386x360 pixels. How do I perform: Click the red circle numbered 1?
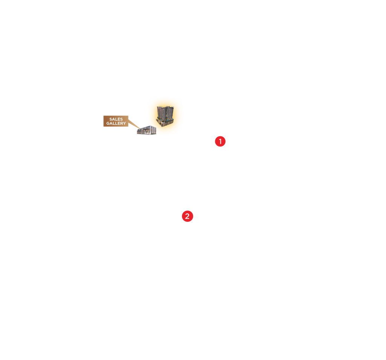click(x=220, y=142)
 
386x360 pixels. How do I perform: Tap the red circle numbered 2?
click(x=187, y=216)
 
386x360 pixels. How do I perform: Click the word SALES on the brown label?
click(x=116, y=119)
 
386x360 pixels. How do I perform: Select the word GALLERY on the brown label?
click(x=116, y=124)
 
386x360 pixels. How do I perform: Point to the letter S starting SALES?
click(x=111, y=119)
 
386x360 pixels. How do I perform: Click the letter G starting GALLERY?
click(x=108, y=124)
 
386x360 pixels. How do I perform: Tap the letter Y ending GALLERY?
click(x=124, y=124)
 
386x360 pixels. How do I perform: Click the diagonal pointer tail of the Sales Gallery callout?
click(x=134, y=124)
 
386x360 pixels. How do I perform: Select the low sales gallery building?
click(x=147, y=130)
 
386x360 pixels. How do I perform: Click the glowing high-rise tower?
click(x=165, y=116)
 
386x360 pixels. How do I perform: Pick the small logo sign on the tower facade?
click(x=167, y=115)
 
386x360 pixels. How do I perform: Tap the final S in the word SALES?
click(x=122, y=119)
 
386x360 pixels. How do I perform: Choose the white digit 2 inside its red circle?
click(x=187, y=217)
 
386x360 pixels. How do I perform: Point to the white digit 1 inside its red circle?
click(x=220, y=142)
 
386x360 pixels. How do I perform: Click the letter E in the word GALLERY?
click(x=119, y=124)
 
